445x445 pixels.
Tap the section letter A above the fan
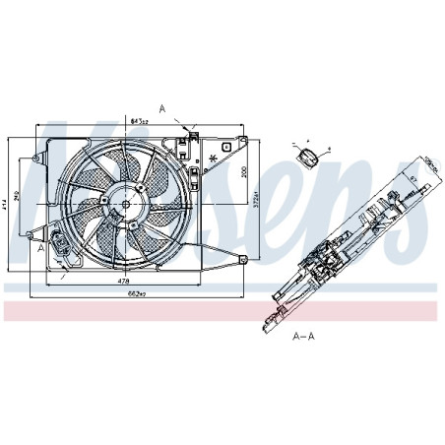point(161,107)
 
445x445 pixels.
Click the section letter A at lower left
point(40,249)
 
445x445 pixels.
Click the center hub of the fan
point(125,204)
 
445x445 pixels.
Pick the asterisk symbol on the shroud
point(213,158)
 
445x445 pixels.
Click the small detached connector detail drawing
point(310,155)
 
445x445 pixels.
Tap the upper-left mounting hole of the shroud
point(36,159)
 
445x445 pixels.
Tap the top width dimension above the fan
point(139,122)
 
